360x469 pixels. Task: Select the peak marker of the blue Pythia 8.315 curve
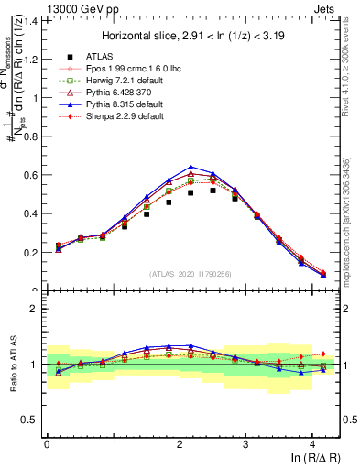pos(191,167)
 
